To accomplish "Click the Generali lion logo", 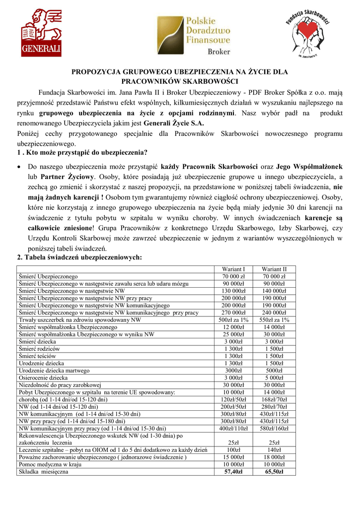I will tap(41, 34).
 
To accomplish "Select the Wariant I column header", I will tap(233, 269).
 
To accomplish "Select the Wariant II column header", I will tap(274, 269).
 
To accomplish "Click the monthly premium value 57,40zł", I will tap(233, 472).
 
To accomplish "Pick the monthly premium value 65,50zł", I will tap(274, 472).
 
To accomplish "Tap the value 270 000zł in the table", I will tap(233, 313).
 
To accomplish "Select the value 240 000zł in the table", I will tap(274, 313).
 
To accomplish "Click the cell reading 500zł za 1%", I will tap(233, 320).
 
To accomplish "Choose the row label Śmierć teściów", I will tap(37, 356).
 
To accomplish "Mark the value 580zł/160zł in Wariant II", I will tap(274, 428).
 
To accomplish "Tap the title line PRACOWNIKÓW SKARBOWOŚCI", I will tap(180, 81).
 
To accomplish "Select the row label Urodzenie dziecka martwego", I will tap(54, 371).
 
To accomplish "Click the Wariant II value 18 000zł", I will tap(274, 457).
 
